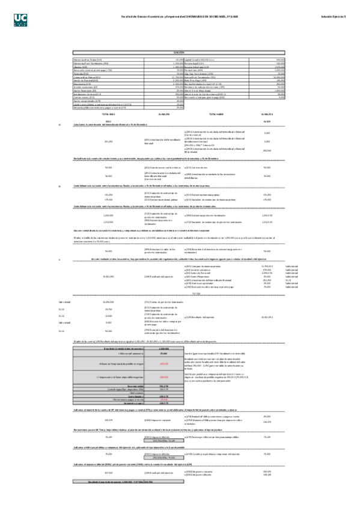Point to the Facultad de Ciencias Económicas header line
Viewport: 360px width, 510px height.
[180, 17]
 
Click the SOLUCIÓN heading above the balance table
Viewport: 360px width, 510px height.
[178, 53]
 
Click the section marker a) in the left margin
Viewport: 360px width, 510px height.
[59, 124]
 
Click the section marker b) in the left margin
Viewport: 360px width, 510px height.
[59, 186]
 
